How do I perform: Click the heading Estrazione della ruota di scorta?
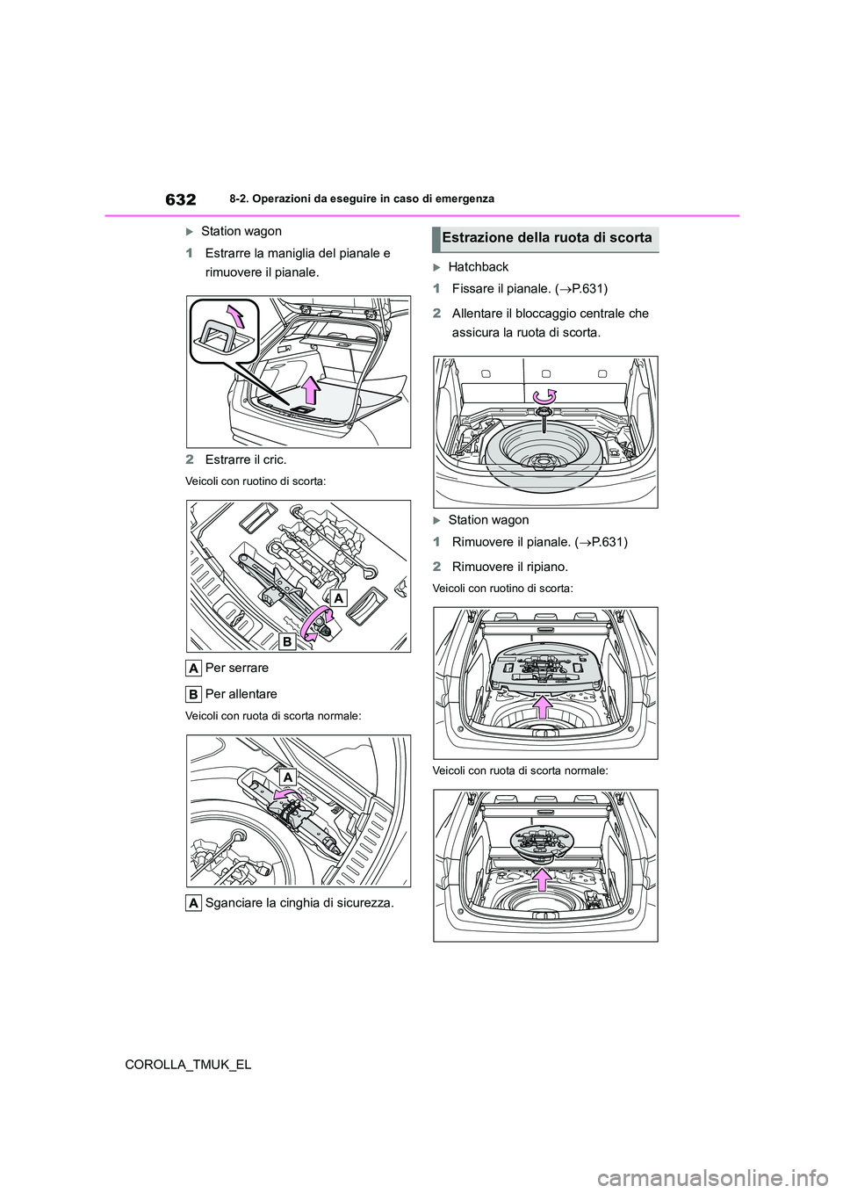[x=545, y=237]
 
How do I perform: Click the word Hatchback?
[x=478, y=266]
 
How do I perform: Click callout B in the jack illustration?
[x=287, y=643]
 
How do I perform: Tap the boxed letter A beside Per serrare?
[x=195, y=668]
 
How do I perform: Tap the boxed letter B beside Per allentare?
[x=195, y=694]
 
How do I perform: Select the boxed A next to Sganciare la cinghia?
[x=195, y=902]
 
